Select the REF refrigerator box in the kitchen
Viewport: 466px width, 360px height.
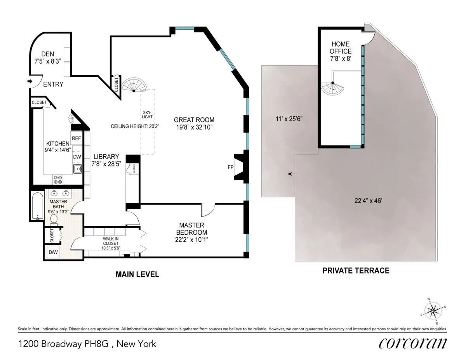pyautogui.click(x=76, y=138)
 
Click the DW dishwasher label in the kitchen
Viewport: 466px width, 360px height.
pyautogui.click(x=77, y=157)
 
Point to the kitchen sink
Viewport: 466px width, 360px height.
pyautogui.click(x=77, y=169)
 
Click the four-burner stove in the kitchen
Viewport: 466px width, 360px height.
pyautogui.click(x=58, y=179)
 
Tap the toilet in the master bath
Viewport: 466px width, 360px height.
pyautogui.click(x=54, y=219)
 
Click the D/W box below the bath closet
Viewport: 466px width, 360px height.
pyautogui.click(x=52, y=253)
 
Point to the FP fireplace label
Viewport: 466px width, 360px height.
pyautogui.click(x=230, y=168)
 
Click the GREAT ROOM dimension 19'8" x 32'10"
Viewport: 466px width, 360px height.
pyautogui.click(x=194, y=126)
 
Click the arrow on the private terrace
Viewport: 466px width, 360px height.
pyautogui.click(x=294, y=174)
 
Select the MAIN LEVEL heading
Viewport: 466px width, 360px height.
pyautogui.click(x=137, y=274)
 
